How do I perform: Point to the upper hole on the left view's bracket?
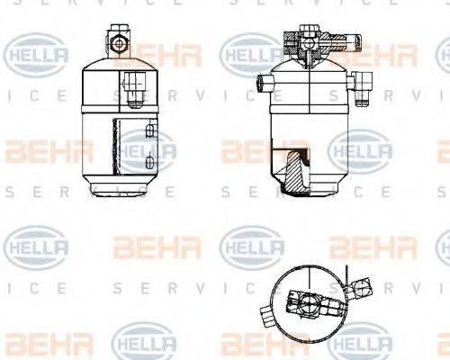147,134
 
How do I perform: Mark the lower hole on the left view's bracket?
147,165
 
